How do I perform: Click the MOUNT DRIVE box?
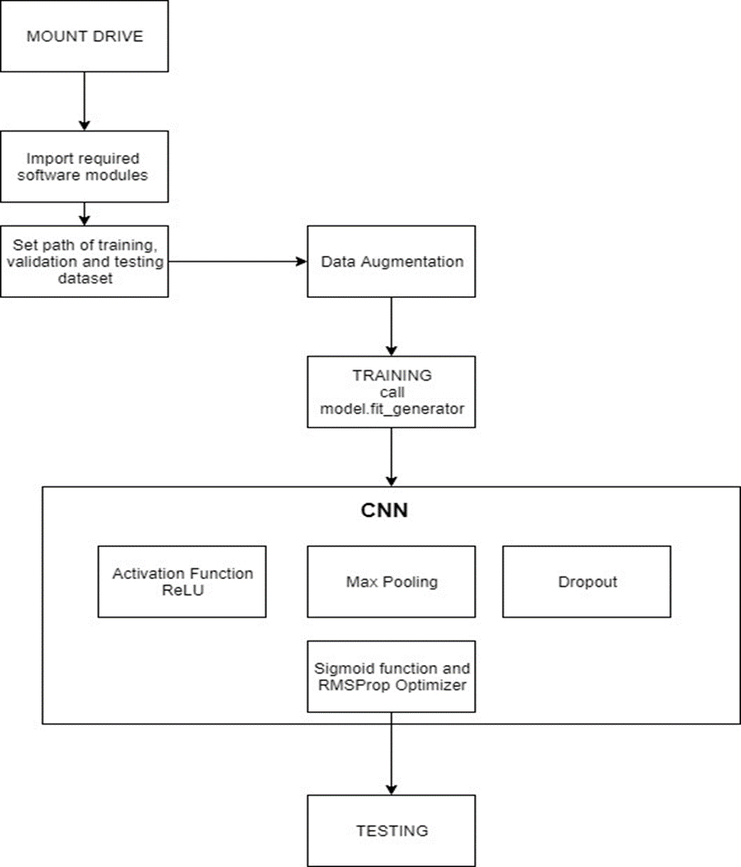click(x=84, y=36)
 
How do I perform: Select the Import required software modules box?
click(x=84, y=166)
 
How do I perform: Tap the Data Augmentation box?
click(x=392, y=261)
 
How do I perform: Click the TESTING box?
click(x=392, y=831)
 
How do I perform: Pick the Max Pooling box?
click(x=392, y=582)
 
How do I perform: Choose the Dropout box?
click(x=587, y=582)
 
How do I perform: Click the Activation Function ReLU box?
click(x=182, y=582)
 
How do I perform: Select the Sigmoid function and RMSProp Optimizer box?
click(x=392, y=676)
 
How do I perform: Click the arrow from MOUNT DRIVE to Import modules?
click(x=84, y=101)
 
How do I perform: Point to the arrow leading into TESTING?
click(x=392, y=758)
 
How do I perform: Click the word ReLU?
click(x=182, y=590)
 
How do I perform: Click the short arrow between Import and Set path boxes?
click(x=84, y=213)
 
